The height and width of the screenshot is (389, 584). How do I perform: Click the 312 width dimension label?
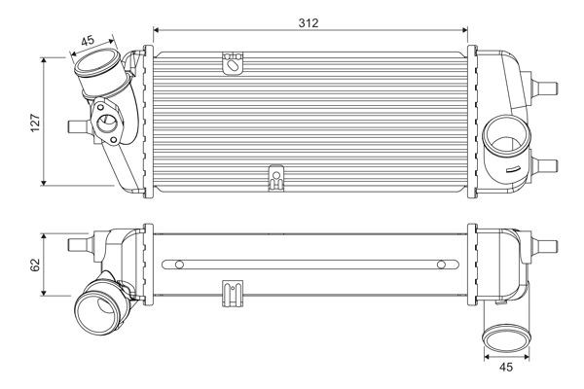coord(309,20)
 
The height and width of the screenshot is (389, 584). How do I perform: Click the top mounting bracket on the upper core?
coord(234,64)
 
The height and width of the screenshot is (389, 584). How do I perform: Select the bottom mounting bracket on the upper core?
coord(275,179)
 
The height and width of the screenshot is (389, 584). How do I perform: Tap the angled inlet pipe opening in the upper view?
coord(95,73)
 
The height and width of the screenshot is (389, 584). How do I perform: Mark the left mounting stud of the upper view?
coord(75,124)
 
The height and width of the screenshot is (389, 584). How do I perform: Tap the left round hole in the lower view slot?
coord(179,264)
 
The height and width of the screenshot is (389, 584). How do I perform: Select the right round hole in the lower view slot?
coord(440,264)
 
